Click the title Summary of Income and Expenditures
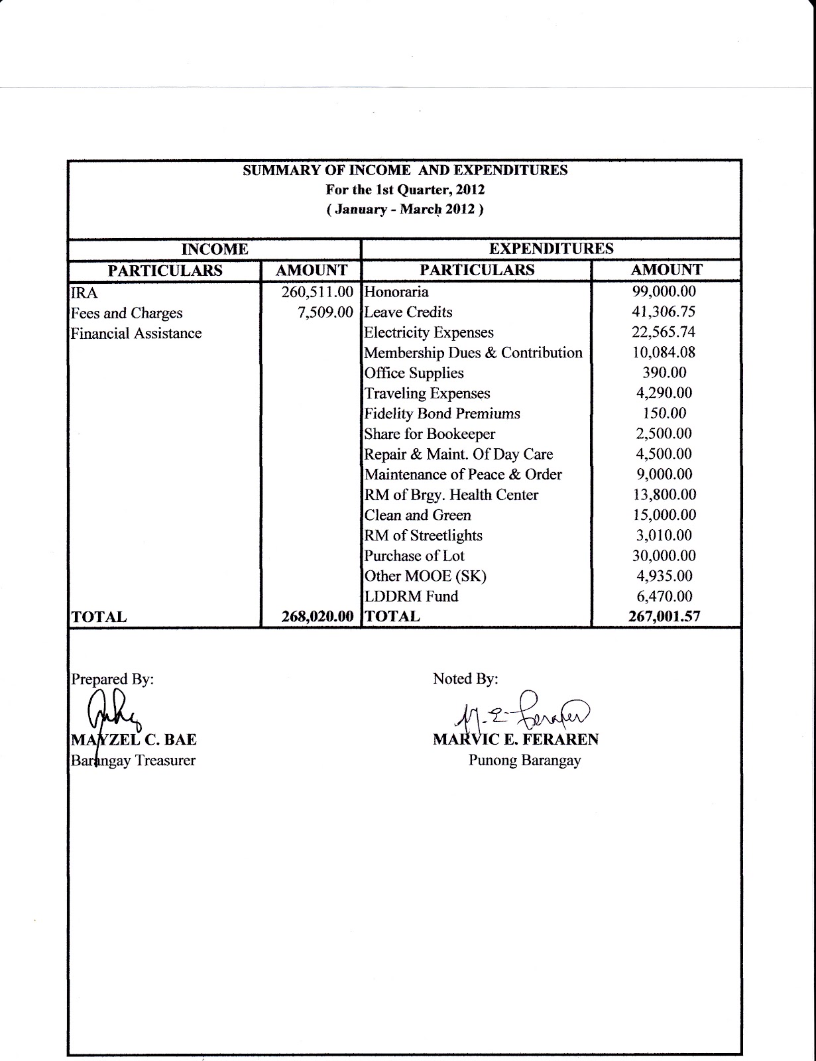click(x=405, y=170)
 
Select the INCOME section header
click(x=215, y=249)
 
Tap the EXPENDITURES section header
click(x=551, y=249)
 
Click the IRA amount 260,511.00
click(x=318, y=292)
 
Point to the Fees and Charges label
click(x=127, y=313)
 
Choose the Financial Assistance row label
click(x=136, y=334)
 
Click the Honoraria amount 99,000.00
click(x=665, y=291)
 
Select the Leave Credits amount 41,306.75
click(x=665, y=312)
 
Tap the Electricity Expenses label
click(x=429, y=332)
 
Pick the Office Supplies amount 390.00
click(x=664, y=373)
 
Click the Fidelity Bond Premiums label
click(x=442, y=414)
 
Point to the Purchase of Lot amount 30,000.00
click(x=665, y=556)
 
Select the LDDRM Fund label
click(x=411, y=596)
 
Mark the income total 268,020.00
click(x=317, y=616)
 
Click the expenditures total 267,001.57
click(x=664, y=616)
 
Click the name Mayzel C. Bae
click(x=134, y=739)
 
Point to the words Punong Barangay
click(x=524, y=761)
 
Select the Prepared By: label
click(x=112, y=679)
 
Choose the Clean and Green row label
click(x=418, y=515)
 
